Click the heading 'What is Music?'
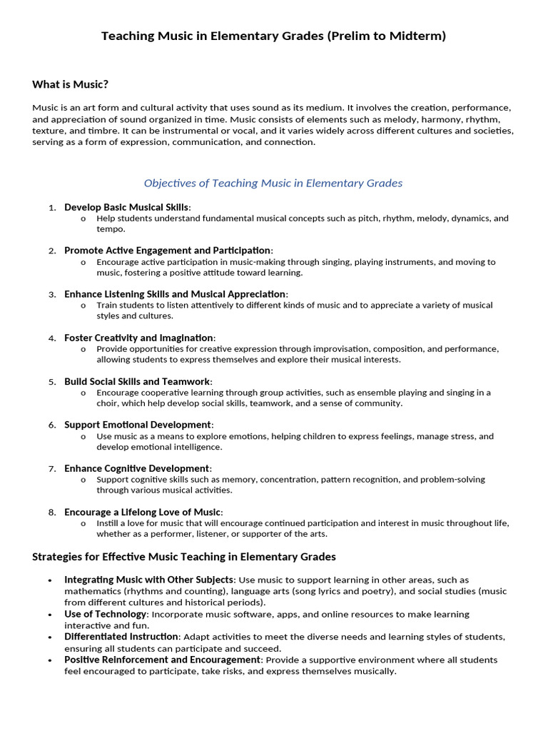pyautogui.click(x=70, y=85)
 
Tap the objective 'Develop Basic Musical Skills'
pyautogui.click(x=126, y=207)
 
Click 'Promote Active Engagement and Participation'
pyautogui.click(x=167, y=251)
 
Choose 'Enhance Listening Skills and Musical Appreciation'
pyautogui.click(x=175, y=294)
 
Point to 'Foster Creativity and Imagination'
pyautogui.click(x=138, y=338)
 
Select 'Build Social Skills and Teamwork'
pyautogui.click(x=137, y=381)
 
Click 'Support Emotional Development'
pyautogui.click(x=137, y=425)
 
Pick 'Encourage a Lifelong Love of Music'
pyautogui.click(x=143, y=512)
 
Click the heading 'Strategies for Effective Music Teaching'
pyautogui.click(x=184, y=557)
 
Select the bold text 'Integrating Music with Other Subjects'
pyautogui.click(x=148, y=580)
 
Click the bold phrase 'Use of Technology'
pyautogui.click(x=105, y=614)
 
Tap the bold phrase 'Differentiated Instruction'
pyautogui.click(x=121, y=637)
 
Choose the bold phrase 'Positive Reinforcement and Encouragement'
pyautogui.click(x=162, y=660)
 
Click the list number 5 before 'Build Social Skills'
pyautogui.click(x=52, y=382)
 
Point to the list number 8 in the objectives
pyautogui.click(x=52, y=513)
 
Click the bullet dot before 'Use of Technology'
pyautogui.click(x=49, y=615)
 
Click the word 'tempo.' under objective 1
pyautogui.click(x=111, y=229)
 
